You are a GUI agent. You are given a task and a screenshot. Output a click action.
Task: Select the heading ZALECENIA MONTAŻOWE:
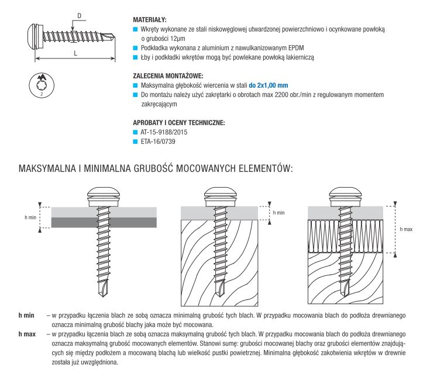point(168,76)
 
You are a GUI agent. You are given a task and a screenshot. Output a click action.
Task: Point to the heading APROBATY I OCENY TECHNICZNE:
point(178,122)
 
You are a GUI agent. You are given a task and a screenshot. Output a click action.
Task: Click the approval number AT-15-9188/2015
point(164,132)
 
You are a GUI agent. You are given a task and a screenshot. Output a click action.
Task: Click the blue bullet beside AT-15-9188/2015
point(136,132)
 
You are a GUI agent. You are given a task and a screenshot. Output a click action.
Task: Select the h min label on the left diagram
point(31,217)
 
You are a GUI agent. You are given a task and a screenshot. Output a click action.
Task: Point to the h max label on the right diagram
point(406,229)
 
